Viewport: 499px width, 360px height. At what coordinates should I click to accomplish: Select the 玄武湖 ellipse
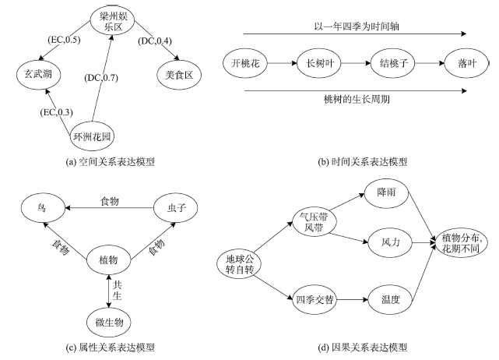pos(39,76)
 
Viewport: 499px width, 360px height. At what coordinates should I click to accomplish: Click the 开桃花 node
pos(247,62)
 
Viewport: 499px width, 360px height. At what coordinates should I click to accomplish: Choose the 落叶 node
pos(458,62)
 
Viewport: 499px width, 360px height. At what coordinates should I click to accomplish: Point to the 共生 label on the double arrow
pos(118,291)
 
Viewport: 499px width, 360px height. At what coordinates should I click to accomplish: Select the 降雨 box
pos(386,192)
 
